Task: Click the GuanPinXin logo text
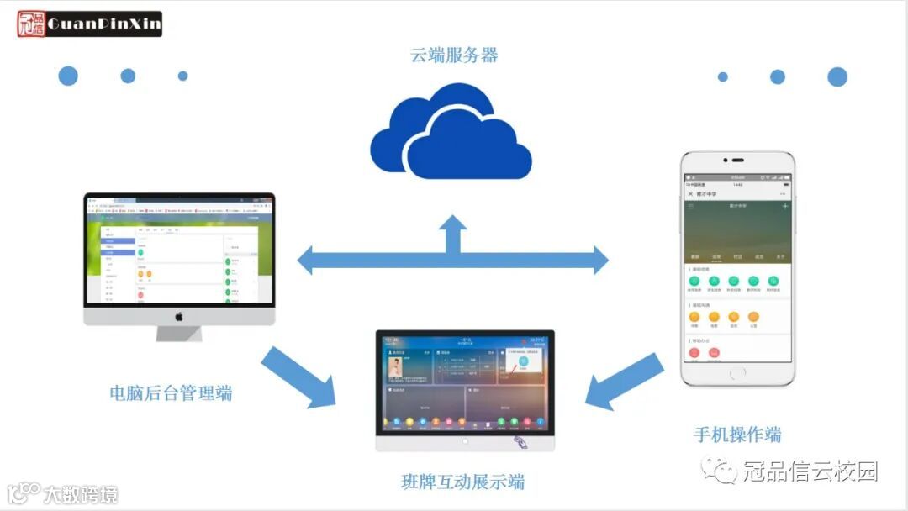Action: [x=103, y=24]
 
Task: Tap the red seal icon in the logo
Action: [x=31, y=24]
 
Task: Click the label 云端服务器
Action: [x=454, y=56]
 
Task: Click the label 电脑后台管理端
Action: [x=171, y=392]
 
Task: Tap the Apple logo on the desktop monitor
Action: [x=179, y=316]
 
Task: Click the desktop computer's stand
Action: [x=179, y=334]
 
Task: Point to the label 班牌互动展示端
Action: [x=462, y=482]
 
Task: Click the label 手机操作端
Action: [x=737, y=435]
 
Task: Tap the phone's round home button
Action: [x=737, y=372]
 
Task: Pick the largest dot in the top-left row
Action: [x=68, y=76]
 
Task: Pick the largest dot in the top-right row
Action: [x=837, y=76]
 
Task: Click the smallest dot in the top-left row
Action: [x=182, y=76]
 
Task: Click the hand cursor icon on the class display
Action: [x=522, y=441]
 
